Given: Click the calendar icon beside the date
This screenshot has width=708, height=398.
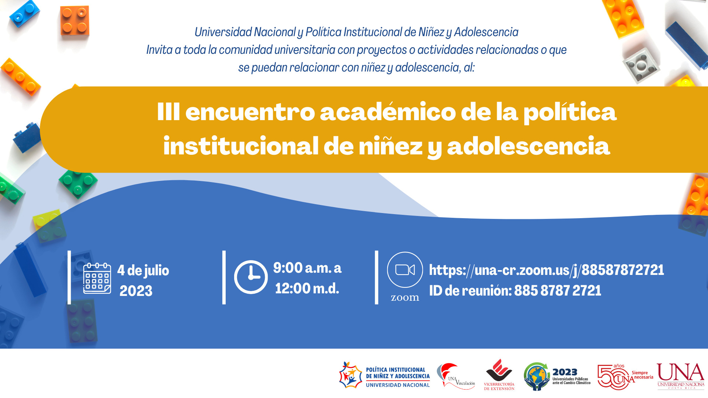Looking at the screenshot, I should [x=97, y=278].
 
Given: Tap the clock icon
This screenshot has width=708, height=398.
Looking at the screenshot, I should [x=251, y=277].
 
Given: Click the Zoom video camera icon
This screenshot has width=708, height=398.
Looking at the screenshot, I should [x=405, y=270].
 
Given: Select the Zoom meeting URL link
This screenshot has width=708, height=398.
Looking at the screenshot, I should [x=546, y=270].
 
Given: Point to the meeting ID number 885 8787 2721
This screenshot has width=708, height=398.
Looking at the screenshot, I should [x=558, y=291].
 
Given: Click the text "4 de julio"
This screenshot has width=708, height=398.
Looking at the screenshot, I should [x=143, y=270].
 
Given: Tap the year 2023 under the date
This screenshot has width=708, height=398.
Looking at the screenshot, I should [x=136, y=291].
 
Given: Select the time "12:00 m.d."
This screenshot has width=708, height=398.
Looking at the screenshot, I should [x=307, y=289].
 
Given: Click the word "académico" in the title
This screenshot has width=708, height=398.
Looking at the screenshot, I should [x=388, y=112].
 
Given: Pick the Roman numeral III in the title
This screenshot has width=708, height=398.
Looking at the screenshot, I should [x=168, y=112].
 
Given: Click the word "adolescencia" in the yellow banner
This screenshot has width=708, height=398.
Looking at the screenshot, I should [x=528, y=146].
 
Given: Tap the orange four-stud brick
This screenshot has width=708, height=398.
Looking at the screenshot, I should [x=75, y=21].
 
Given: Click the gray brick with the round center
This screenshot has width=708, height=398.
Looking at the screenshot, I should [x=641, y=65].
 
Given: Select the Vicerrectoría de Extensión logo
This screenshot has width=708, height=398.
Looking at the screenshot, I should [x=499, y=375].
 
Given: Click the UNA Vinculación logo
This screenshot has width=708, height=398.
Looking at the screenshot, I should [x=456, y=376].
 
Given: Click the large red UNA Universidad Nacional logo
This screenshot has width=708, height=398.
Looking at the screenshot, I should [x=680, y=375].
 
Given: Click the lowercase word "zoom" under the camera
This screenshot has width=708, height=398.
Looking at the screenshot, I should [x=405, y=297].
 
